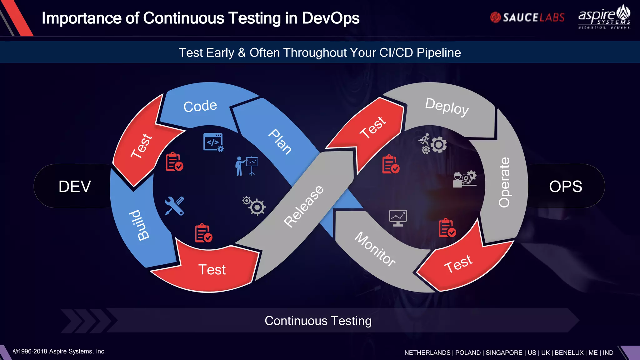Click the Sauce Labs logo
click(x=527, y=17)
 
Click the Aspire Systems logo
click(x=604, y=17)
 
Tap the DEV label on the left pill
click(x=75, y=187)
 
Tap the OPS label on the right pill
click(x=565, y=187)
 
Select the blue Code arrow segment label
click(x=200, y=106)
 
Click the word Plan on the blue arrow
click(x=280, y=142)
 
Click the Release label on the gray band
click(x=303, y=206)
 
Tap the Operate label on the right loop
click(x=504, y=182)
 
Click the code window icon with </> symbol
click(x=213, y=142)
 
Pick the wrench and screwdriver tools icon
click(x=174, y=206)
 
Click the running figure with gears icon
click(x=433, y=144)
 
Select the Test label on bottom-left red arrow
click(x=212, y=270)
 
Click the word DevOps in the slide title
click(x=330, y=18)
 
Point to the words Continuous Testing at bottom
click(x=318, y=321)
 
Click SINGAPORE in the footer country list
click(x=504, y=353)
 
